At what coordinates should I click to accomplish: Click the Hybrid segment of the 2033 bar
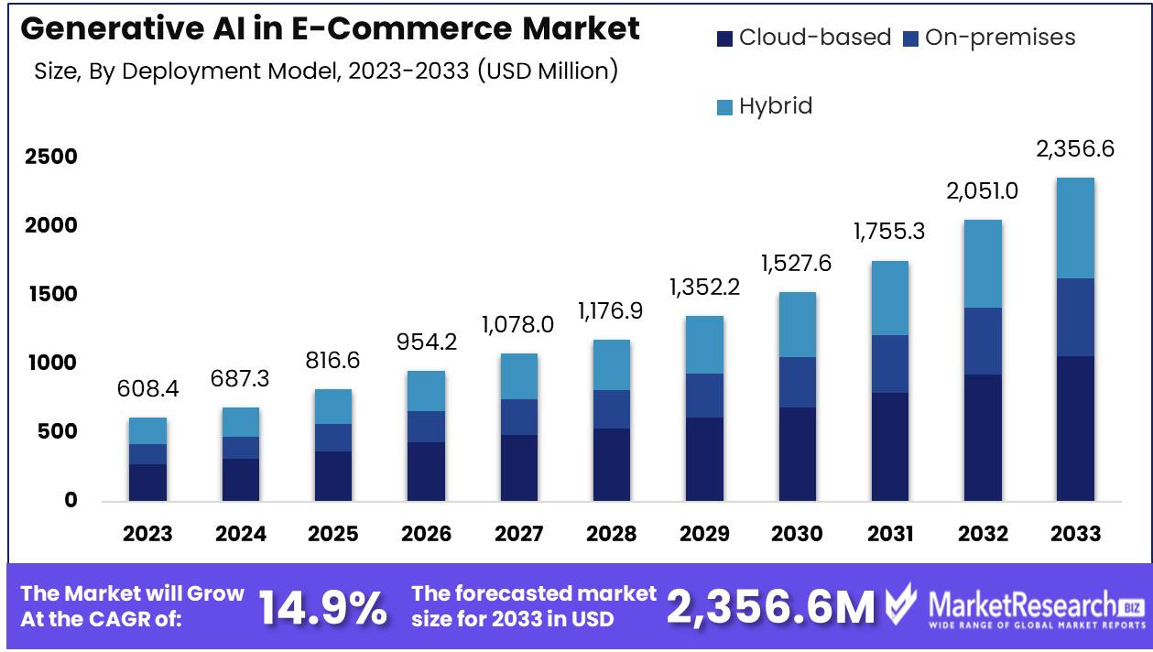(x=1075, y=228)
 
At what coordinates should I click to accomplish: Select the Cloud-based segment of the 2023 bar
(x=147, y=482)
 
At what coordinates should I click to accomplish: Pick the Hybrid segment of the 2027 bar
(x=518, y=376)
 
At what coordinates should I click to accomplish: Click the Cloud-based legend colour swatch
(x=724, y=38)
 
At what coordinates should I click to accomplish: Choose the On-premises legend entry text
(x=1000, y=38)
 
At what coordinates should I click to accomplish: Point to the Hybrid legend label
(x=776, y=105)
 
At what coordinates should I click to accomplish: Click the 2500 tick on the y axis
(x=51, y=157)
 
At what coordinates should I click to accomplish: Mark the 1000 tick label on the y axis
(x=51, y=364)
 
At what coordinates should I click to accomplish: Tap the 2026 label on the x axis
(x=425, y=534)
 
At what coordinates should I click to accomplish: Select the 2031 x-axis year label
(x=889, y=534)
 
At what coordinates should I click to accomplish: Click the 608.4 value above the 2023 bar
(x=147, y=389)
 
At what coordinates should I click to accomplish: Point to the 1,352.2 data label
(x=703, y=287)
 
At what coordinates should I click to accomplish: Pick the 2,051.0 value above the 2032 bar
(x=982, y=191)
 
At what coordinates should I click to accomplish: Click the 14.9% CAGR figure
(x=323, y=608)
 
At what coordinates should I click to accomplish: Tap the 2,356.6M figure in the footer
(x=771, y=607)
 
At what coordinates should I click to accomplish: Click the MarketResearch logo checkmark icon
(x=901, y=604)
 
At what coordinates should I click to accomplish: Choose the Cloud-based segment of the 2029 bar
(x=703, y=459)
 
